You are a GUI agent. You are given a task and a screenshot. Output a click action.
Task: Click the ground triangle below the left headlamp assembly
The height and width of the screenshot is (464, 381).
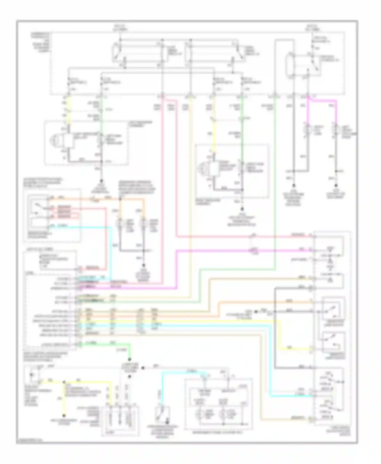[102, 181]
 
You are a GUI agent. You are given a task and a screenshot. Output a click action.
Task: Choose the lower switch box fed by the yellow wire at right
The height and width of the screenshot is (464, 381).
[333, 341]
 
